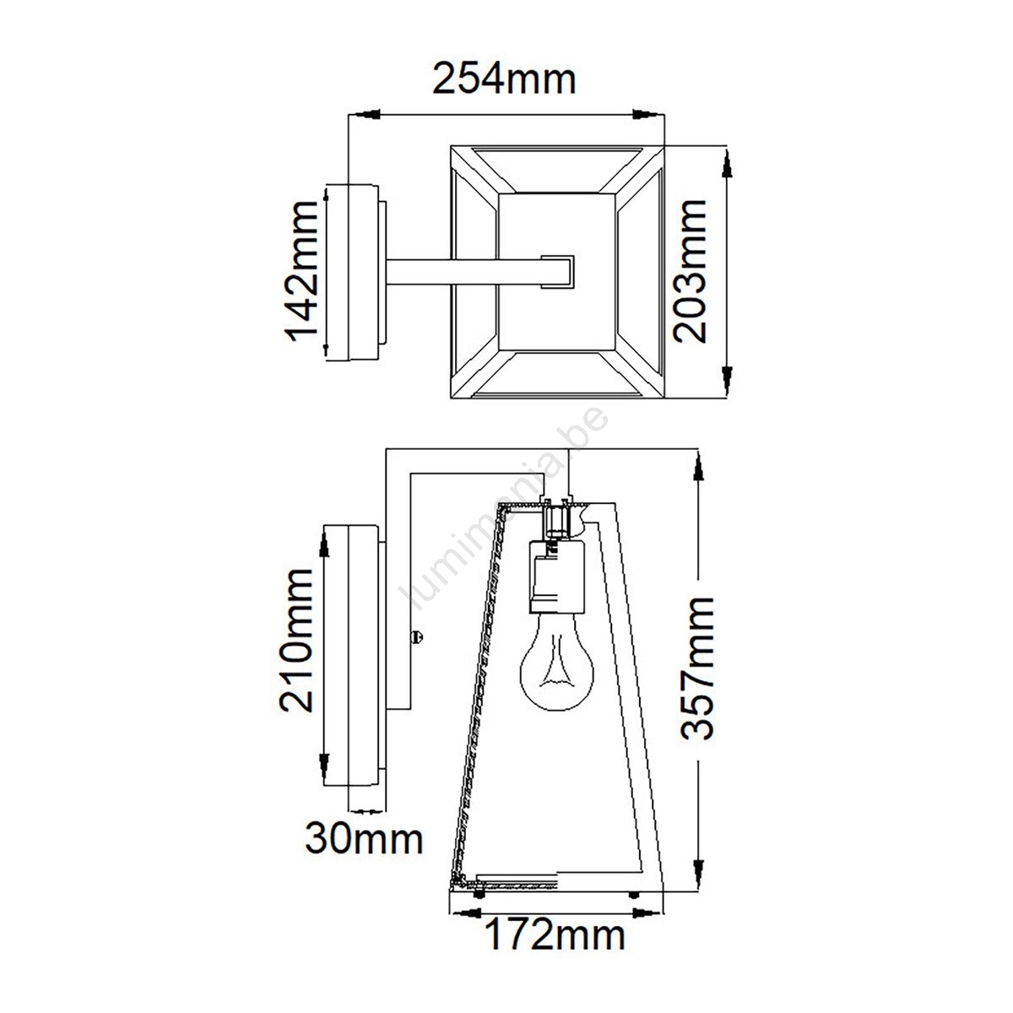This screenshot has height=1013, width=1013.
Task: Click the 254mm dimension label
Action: (x=504, y=79)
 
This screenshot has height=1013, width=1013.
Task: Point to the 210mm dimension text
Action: (x=296, y=640)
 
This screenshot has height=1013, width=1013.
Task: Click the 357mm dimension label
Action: (x=697, y=668)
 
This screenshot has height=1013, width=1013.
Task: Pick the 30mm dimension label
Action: (x=364, y=838)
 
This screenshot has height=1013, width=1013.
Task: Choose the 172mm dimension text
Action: (x=555, y=934)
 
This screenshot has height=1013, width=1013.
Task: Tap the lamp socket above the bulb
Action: (x=556, y=576)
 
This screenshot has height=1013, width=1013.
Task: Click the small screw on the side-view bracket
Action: (x=417, y=637)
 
